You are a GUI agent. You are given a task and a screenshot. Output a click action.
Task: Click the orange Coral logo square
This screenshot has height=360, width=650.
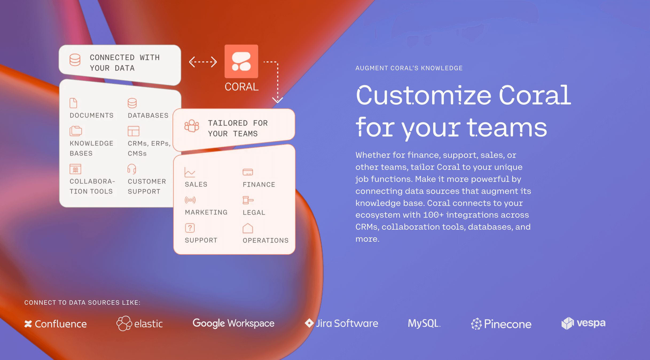point(241,61)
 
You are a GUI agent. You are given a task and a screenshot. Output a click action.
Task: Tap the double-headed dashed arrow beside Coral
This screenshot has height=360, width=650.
point(203,62)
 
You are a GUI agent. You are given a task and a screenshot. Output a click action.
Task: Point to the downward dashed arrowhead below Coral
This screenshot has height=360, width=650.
point(277,100)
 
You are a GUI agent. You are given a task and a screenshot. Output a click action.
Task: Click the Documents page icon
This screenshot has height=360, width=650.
point(73,103)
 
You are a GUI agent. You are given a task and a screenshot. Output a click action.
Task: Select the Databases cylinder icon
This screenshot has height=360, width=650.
point(132,103)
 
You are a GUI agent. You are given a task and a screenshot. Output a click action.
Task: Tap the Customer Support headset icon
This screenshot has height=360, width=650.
point(132,169)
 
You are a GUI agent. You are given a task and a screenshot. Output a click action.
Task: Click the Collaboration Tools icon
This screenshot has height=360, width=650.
point(75,169)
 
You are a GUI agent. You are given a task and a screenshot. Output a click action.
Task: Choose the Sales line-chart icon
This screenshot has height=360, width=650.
point(190,172)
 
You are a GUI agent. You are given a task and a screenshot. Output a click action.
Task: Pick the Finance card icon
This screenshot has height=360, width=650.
point(248,172)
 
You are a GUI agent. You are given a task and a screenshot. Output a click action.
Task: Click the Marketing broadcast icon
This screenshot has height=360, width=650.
point(190,200)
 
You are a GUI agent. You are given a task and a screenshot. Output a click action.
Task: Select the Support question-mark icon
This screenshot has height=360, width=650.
point(190,228)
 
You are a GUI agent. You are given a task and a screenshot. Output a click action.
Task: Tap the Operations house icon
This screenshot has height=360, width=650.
point(248,228)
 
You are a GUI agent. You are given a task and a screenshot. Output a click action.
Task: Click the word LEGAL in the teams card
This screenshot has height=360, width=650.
point(254,213)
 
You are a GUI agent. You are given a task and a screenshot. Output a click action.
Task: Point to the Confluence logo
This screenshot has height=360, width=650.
point(56,324)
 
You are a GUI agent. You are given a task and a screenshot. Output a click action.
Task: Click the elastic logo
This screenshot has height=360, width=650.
point(139,323)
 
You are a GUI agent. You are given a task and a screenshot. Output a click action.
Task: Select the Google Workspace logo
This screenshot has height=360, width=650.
point(233,323)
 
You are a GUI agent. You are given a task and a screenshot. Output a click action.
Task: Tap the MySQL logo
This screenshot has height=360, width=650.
point(424,323)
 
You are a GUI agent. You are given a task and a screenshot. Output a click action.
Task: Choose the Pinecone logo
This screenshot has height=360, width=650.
point(501,324)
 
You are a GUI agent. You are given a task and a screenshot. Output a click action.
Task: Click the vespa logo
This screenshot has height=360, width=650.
point(584,323)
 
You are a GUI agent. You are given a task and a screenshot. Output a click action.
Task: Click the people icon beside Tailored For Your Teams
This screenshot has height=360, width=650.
point(192,126)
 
